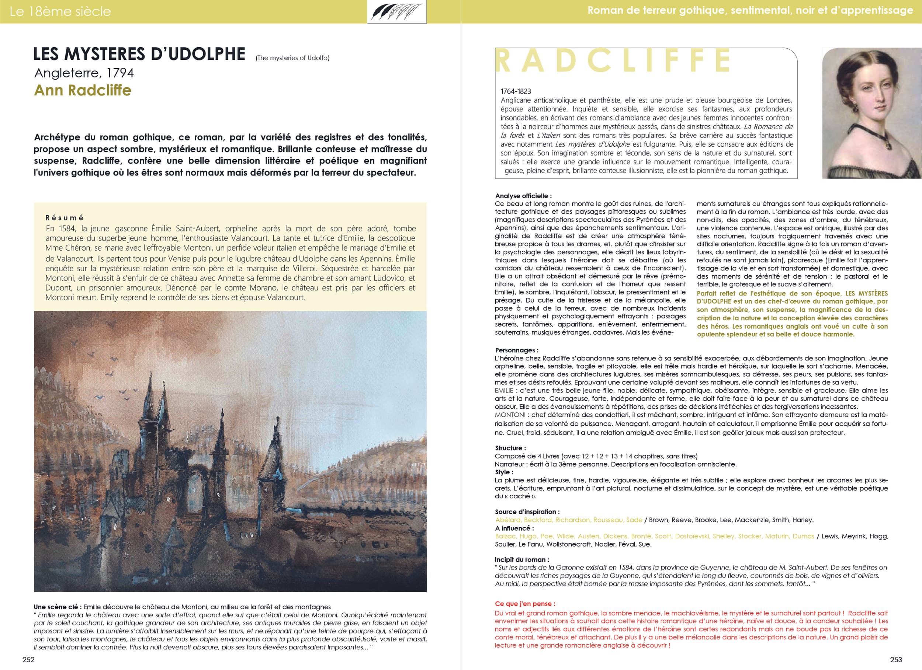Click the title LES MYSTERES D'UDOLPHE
click(139, 55)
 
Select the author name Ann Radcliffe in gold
click(83, 90)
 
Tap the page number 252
click(28, 659)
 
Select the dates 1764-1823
click(516, 91)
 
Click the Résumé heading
click(65, 218)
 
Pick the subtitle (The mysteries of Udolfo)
click(292, 58)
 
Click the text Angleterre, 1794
click(84, 73)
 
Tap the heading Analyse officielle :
click(523, 196)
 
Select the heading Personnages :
click(516, 350)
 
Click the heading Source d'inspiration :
click(527, 512)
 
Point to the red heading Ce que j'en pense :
click(525, 604)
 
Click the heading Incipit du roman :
click(521, 559)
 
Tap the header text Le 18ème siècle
click(60, 11)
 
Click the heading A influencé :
click(514, 528)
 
